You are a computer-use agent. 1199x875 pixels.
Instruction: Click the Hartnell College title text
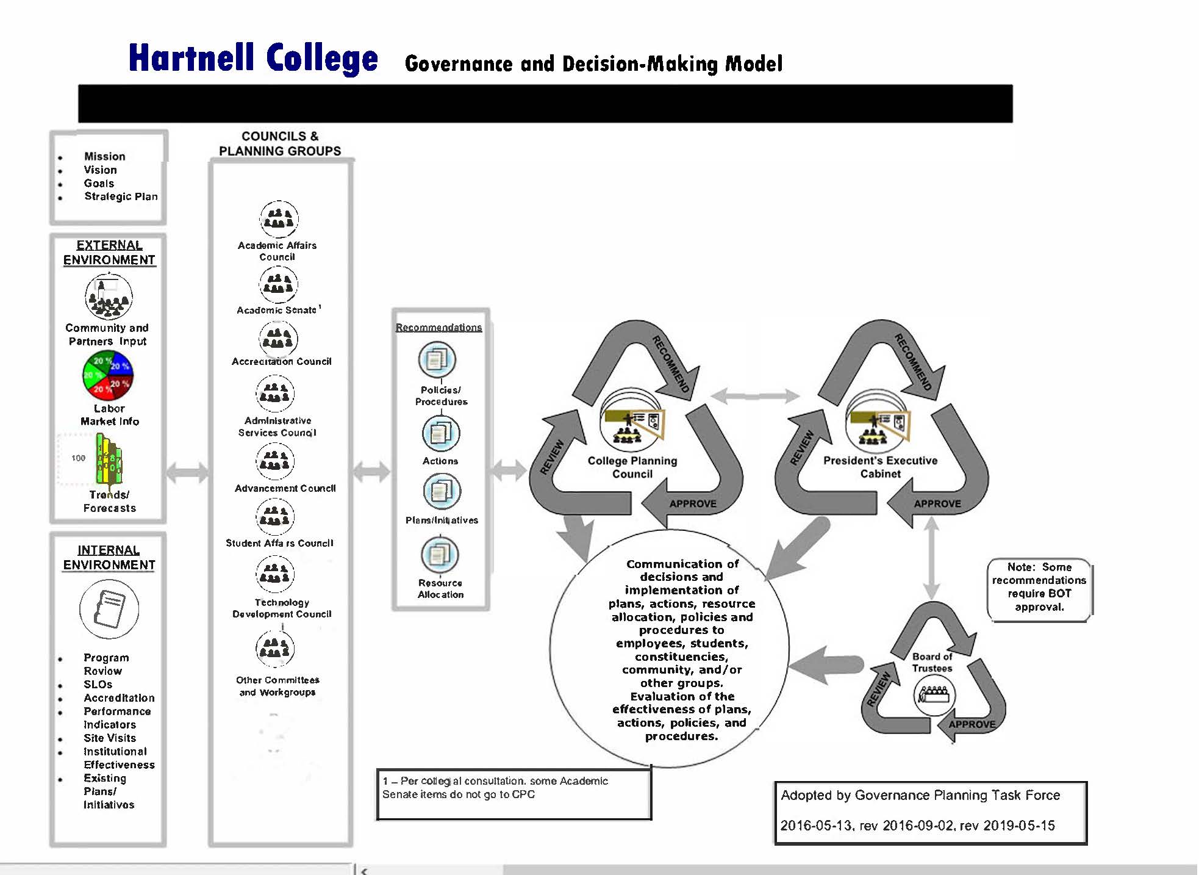point(253,59)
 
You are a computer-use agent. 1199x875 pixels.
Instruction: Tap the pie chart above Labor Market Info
point(108,375)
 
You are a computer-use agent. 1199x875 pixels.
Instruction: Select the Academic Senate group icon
point(278,284)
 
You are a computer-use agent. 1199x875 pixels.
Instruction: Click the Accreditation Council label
point(281,361)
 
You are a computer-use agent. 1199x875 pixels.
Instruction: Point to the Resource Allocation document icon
point(439,555)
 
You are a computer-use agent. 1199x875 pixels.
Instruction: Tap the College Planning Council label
point(632,467)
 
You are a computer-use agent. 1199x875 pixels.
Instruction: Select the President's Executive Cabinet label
point(880,467)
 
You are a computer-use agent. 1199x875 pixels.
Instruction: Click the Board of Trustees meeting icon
point(934,695)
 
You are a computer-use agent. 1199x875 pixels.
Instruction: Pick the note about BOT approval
point(1039,587)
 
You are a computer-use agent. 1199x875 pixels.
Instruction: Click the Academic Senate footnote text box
point(514,793)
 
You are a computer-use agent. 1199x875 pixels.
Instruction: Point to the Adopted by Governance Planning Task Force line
point(920,795)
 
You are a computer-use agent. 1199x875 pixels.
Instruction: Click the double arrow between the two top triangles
point(755,396)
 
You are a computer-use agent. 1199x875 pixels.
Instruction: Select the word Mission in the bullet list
point(104,156)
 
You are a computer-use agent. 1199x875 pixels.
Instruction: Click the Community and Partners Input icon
point(109,297)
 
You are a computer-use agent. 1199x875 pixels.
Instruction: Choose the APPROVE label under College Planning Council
point(693,503)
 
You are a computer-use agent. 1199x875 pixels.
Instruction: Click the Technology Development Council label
point(282,608)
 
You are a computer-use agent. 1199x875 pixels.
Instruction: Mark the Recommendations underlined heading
point(438,328)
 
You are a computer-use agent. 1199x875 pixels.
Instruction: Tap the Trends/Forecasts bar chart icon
point(108,459)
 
